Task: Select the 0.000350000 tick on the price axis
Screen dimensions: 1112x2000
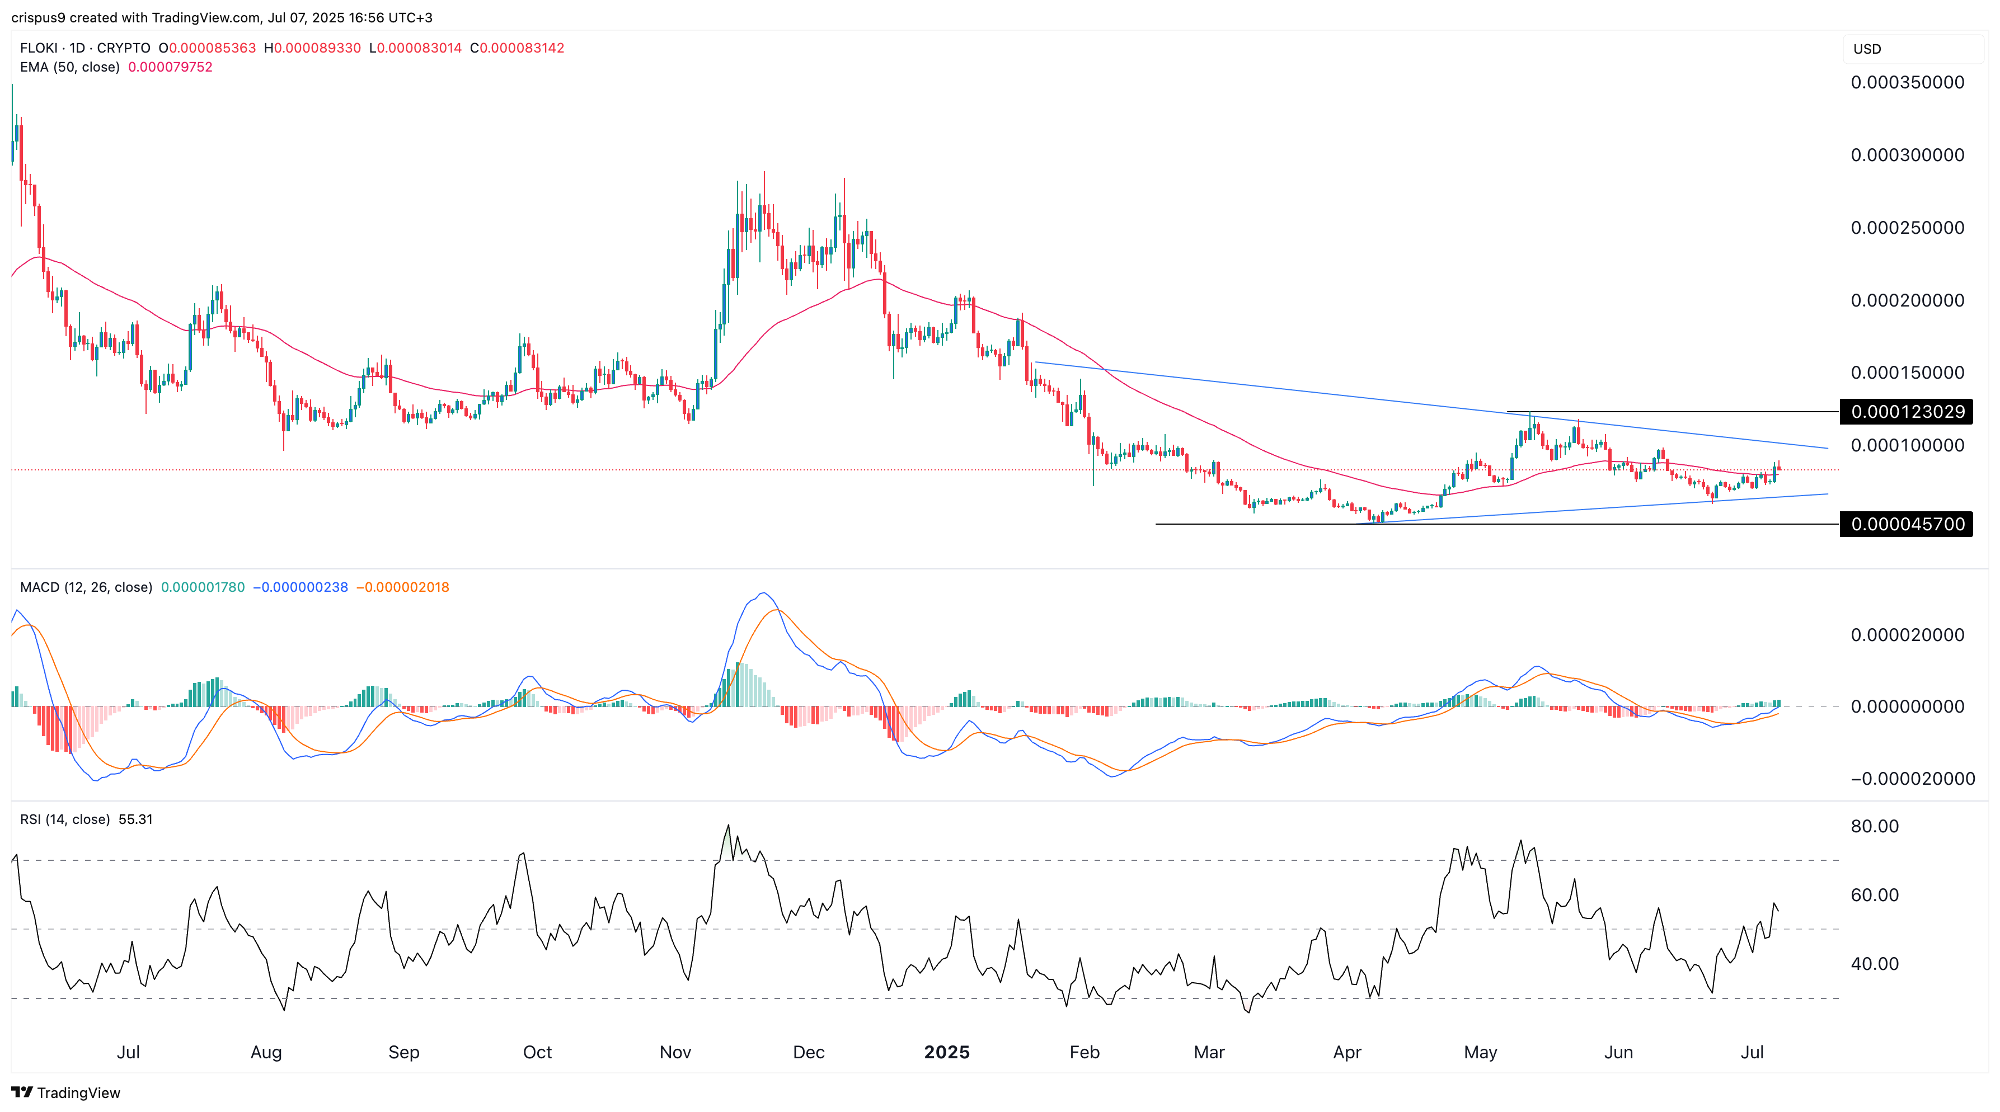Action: click(x=1907, y=82)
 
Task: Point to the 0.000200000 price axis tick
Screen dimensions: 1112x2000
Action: click(x=1907, y=300)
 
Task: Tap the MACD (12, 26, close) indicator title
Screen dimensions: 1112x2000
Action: click(x=86, y=587)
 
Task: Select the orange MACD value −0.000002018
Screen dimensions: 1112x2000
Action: click(x=402, y=587)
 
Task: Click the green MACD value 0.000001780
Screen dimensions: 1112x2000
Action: click(x=203, y=587)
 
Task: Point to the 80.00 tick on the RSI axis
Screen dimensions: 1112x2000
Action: click(x=1874, y=826)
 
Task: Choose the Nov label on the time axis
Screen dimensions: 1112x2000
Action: click(x=675, y=1052)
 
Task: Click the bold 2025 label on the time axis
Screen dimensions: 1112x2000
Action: click(x=946, y=1052)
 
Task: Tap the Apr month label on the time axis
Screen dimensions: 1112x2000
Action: click(x=1346, y=1052)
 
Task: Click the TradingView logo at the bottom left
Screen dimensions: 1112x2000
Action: click(x=66, y=1092)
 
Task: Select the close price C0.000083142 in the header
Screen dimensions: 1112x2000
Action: click(x=517, y=48)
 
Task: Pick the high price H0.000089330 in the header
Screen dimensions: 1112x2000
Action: click(x=312, y=48)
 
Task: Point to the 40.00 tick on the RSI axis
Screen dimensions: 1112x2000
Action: click(x=1874, y=964)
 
